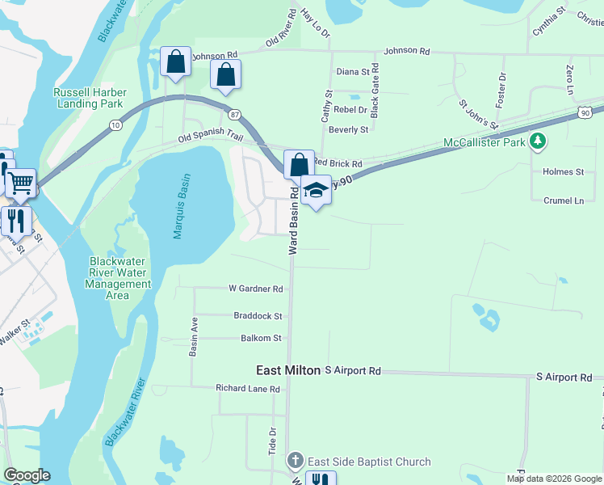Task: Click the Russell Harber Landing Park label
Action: (x=89, y=98)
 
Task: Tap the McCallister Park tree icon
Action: (x=538, y=143)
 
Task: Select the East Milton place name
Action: (x=288, y=370)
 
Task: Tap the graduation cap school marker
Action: (x=316, y=191)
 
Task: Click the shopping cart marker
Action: (x=21, y=183)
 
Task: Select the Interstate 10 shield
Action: (x=116, y=124)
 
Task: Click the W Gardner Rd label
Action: (x=255, y=289)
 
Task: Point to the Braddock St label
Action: (x=258, y=316)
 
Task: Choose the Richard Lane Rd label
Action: (x=247, y=389)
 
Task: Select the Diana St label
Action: (x=352, y=72)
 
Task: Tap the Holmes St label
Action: (x=563, y=172)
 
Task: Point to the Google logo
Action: (x=27, y=475)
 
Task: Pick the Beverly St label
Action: (x=349, y=129)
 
